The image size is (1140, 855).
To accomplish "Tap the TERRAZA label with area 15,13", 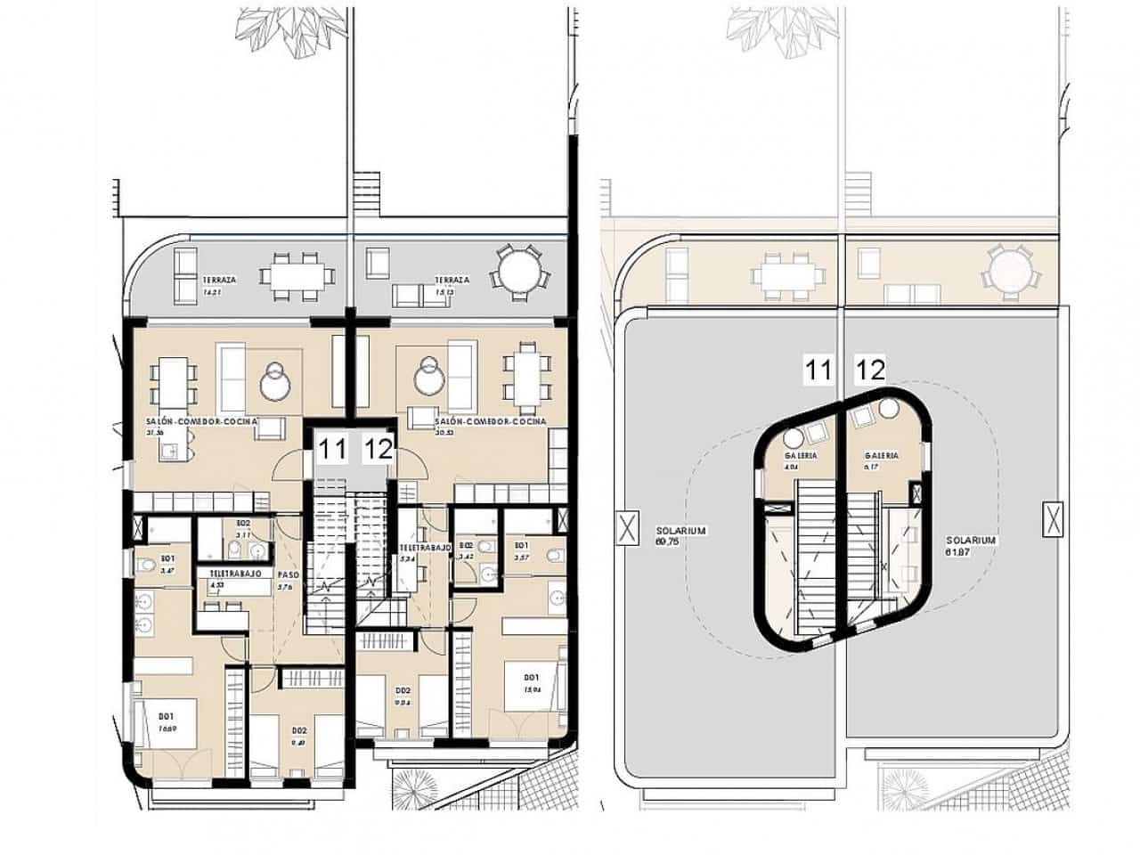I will click(x=452, y=280).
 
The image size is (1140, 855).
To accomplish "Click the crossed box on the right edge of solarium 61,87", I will click(x=1052, y=520).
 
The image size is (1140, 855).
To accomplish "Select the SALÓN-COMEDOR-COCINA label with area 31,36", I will click(x=202, y=421).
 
